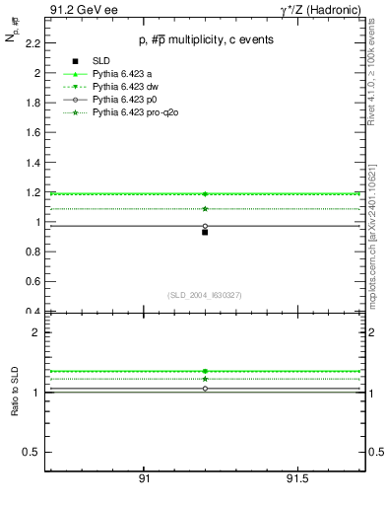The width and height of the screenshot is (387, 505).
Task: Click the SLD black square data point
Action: click(x=205, y=232)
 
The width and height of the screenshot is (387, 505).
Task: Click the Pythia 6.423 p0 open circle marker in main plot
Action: click(x=205, y=226)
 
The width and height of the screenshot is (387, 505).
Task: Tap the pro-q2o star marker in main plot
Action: click(x=205, y=208)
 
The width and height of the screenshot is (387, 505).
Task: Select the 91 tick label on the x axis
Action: click(x=144, y=479)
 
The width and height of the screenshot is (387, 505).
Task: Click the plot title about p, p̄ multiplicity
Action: click(x=205, y=39)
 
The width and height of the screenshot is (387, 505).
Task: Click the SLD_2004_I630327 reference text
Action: click(x=205, y=295)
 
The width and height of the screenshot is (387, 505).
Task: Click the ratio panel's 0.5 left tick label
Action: click(x=33, y=452)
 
